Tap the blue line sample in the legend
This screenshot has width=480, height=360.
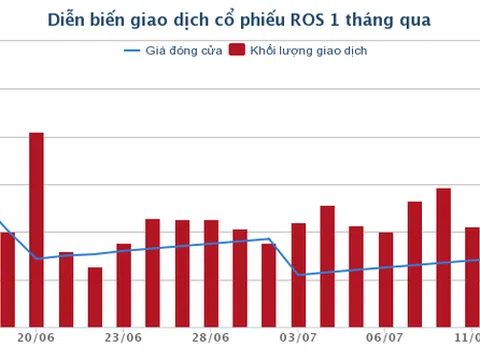(x=132, y=51)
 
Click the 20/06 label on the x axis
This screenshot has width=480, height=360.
(x=36, y=339)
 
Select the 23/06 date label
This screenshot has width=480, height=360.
(x=123, y=339)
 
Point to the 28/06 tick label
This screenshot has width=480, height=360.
(x=211, y=339)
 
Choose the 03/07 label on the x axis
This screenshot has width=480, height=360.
(x=298, y=339)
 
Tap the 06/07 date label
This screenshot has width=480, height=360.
(x=386, y=339)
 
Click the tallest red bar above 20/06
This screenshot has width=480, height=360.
(x=36, y=230)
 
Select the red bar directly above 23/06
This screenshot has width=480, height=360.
(x=123, y=285)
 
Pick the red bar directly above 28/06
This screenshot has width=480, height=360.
(x=211, y=273)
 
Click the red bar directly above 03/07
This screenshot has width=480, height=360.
(x=298, y=275)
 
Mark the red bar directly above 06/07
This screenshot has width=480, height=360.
(x=386, y=279)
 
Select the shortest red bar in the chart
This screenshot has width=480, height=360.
(x=94, y=297)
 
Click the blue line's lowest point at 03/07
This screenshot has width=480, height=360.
(x=298, y=274)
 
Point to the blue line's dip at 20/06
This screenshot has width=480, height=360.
(x=37, y=258)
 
